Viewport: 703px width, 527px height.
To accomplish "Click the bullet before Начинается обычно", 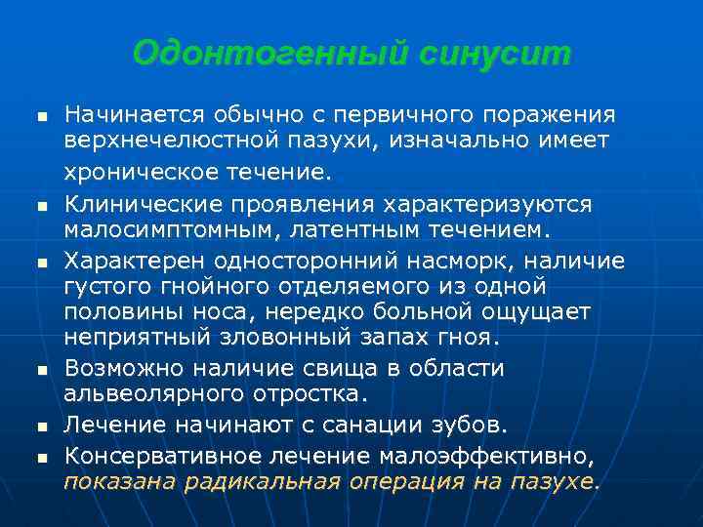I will [39, 116].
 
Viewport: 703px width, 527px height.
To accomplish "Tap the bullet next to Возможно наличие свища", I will [39, 371].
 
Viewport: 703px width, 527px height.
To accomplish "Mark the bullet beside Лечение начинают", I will [39, 427].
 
